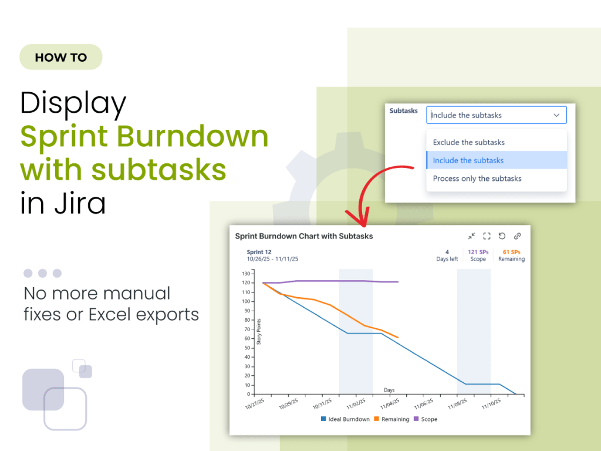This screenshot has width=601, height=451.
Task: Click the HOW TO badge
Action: [61, 58]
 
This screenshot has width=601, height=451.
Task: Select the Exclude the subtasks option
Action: [468, 142]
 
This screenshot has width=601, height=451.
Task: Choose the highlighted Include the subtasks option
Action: [468, 160]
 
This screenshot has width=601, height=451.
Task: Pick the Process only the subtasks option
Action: [477, 179]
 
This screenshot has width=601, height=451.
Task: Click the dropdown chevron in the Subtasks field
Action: [556, 115]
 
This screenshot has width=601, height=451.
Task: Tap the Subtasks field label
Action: [404, 111]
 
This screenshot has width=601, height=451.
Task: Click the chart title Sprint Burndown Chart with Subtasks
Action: [304, 236]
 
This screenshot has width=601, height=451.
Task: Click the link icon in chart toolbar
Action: [517, 236]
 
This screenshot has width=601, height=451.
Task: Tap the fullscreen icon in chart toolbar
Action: [487, 236]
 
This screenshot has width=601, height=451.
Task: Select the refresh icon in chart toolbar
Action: [502, 236]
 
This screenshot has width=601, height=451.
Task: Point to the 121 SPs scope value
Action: [478, 252]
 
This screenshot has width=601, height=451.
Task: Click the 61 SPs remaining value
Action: [511, 252]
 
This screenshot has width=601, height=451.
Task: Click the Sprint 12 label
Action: [259, 252]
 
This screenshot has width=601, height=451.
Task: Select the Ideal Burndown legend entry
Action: [345, 419]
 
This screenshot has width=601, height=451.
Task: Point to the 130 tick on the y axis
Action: [245, 274]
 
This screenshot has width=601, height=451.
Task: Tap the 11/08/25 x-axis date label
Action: [457, 405]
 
